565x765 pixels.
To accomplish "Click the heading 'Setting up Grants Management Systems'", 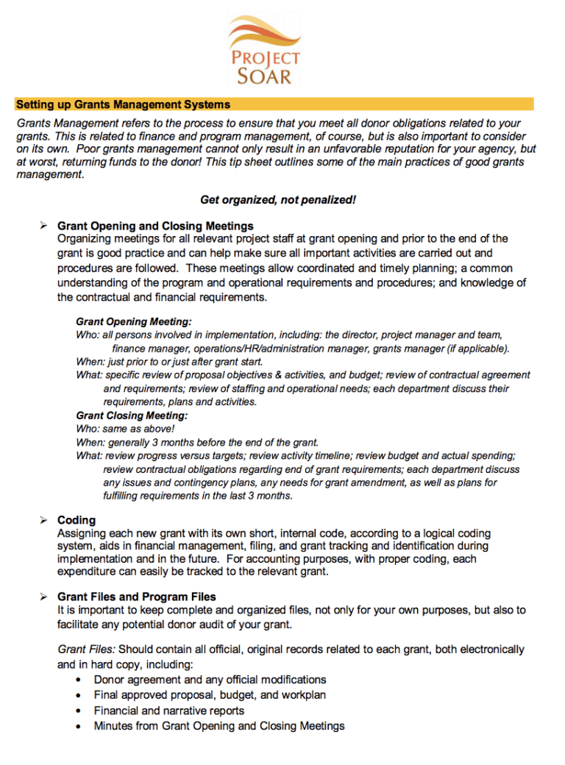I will click(123, 104).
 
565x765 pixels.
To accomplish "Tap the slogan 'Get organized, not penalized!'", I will click(277, 200).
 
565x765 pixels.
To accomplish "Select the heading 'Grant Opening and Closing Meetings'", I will click(155, 226).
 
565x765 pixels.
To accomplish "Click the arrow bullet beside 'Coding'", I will click(43, 520).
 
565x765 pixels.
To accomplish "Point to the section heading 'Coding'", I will click(77, 521).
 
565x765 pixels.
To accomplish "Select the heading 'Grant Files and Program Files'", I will click(137, 597).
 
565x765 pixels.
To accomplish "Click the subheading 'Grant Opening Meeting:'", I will click(134, 322).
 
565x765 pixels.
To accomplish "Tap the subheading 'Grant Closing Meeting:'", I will click(132, 416).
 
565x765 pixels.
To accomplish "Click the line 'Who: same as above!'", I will click(125, 429).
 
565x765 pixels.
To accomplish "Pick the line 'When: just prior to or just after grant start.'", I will click(169, 362).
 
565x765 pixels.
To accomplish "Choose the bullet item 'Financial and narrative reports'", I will click(168, 711).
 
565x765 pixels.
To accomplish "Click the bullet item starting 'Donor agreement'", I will click(210, 680).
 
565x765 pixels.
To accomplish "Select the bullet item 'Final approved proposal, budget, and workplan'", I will click(210, 695).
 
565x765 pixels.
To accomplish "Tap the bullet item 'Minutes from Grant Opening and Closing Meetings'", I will click(218, 726).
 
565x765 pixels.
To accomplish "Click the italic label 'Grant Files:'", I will click(86, 650).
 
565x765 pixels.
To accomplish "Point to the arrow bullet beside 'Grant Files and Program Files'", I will click(43, 597).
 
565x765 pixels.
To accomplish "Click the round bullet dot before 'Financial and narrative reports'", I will click(79, 711).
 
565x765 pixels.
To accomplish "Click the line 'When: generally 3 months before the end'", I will click(197, 443).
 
